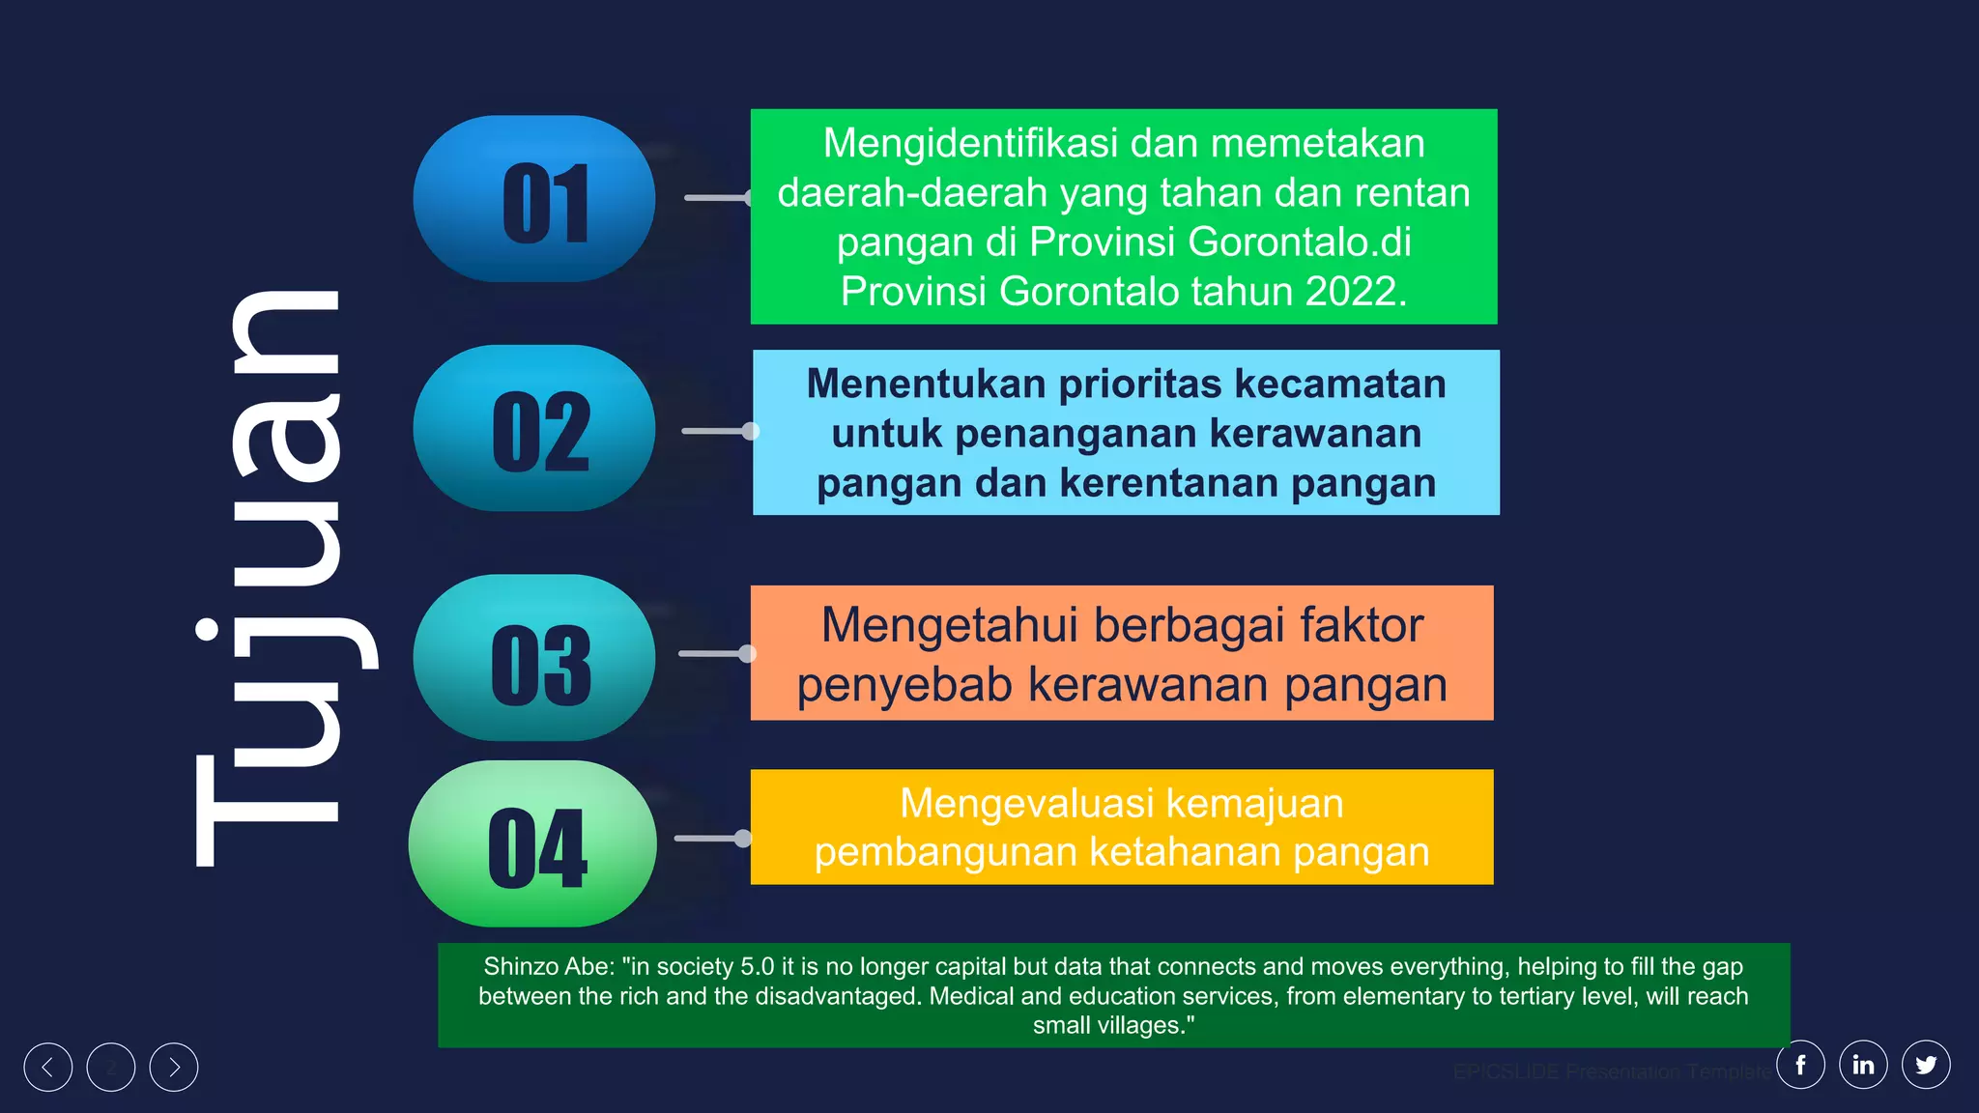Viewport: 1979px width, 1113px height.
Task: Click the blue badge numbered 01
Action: pyautogui.click(x=534, y=199)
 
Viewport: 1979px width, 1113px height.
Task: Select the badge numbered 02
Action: pyautogui.click(x=534, y=428)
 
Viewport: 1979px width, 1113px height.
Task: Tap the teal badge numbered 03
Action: pyautogui.click(x=534, y=658)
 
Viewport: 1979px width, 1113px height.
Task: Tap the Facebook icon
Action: pyautogui.click(x=1800, y=1065)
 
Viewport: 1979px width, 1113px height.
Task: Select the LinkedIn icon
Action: pyautogui.click(x=1863, y=1065)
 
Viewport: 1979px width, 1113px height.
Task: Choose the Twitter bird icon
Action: pyautogui.click(x=1926, y=1065)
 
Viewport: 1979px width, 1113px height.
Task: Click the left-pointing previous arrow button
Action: pyautogui.click(x=48, y=1068)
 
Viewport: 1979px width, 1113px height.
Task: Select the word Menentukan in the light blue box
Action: pyautogui.click(x=926, y=385)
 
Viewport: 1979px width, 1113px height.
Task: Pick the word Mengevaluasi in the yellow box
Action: pyautogui.click(x=1027, y=804)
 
